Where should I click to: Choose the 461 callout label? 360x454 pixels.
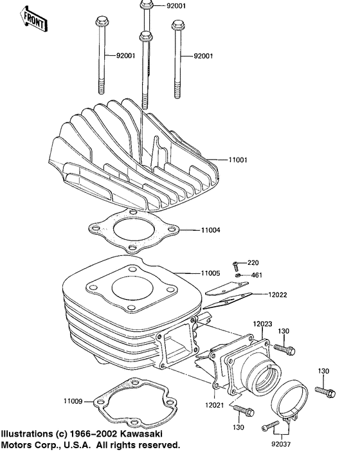pyautogui.click(x=256, y=275)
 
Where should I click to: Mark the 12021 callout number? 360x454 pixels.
pyautogui.click(x=215, y=406)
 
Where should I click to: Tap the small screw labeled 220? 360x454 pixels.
pyautogui.click(x=237, y=264)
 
